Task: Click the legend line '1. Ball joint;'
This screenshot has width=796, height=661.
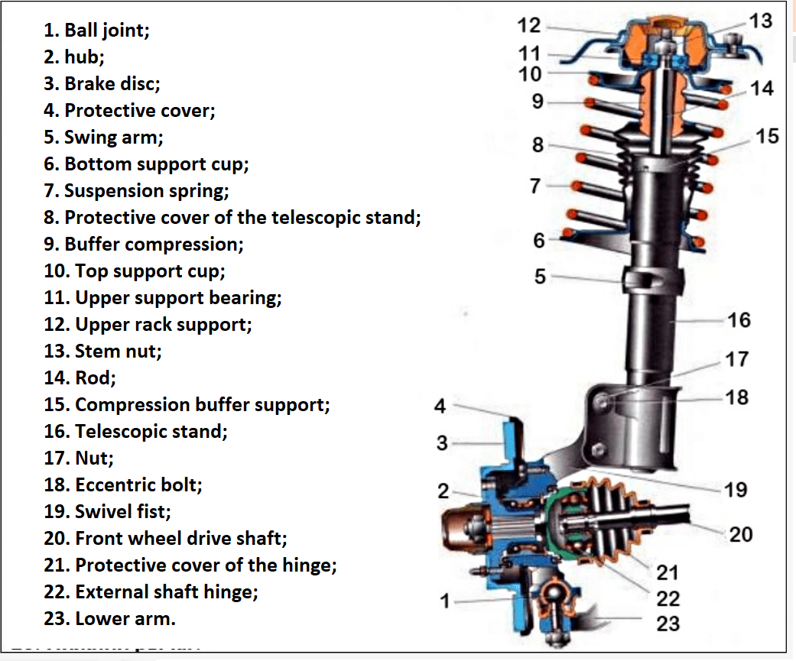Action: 97,31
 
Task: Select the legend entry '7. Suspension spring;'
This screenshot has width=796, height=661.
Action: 136,191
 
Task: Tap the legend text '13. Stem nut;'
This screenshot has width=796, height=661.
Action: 103,352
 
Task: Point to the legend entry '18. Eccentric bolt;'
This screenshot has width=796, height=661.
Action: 123,485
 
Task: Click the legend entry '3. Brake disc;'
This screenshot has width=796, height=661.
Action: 102,84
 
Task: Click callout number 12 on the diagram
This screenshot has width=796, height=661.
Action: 528,26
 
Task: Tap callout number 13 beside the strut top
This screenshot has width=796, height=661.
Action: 761,21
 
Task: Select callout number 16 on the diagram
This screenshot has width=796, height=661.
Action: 739,319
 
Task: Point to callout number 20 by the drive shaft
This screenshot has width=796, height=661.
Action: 741,534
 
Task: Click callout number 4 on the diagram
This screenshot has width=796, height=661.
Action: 440,407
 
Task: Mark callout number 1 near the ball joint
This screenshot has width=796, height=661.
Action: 445,602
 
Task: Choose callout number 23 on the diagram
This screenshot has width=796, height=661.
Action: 668,624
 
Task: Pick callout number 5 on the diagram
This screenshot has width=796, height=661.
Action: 540,277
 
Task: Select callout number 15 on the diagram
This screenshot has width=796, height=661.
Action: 767,136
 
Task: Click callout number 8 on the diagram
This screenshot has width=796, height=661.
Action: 538,145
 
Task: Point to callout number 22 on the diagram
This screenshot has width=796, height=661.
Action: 668,598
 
